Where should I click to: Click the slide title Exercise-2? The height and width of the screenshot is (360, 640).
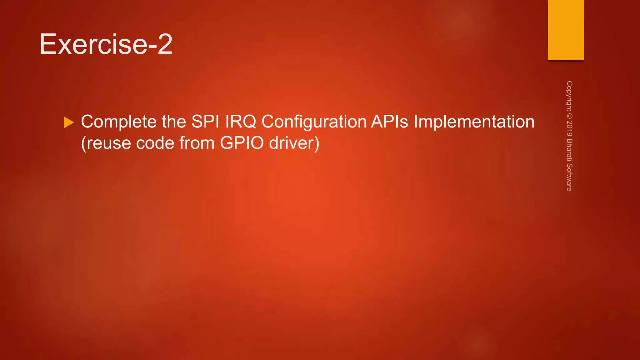click(106, 44)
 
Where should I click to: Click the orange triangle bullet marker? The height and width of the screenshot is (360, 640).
click(68, 122)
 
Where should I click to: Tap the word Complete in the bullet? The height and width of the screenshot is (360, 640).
click(118, 122)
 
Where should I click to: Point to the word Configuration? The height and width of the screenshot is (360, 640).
click(314, 122)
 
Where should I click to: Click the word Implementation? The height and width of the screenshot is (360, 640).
click(474, 122)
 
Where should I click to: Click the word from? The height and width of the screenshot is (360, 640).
click(197, 143)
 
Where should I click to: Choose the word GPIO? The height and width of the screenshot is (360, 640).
click(242, 143)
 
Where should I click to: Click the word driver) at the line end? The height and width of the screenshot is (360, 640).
click(294, 143)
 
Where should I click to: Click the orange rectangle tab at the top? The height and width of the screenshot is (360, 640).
click(566, 30)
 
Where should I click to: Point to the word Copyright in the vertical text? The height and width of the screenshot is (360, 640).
click(569, 96)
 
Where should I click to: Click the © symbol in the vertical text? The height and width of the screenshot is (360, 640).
click(569, 116)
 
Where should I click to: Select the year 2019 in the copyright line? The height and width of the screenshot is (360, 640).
click(569, 128)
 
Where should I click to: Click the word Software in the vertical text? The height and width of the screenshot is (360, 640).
click(569, 177)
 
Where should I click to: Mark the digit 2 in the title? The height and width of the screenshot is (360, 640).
click(165, 44)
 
